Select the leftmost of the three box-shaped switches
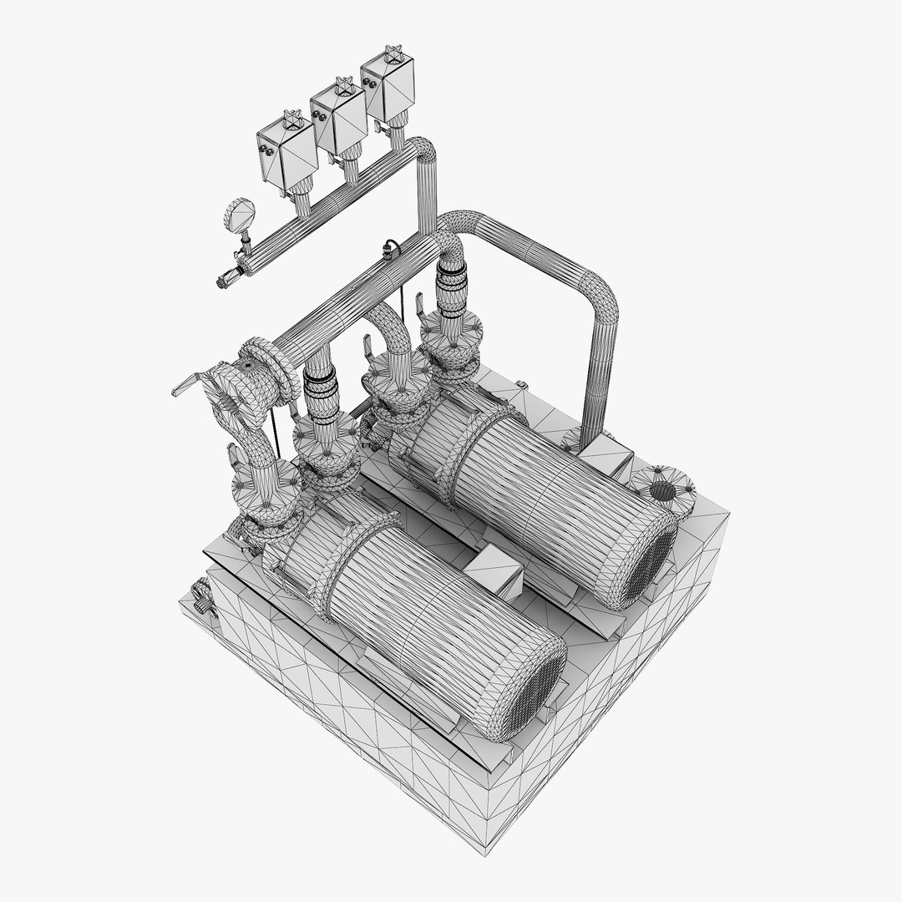285,158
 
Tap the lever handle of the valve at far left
185,383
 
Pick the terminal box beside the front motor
493,574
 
